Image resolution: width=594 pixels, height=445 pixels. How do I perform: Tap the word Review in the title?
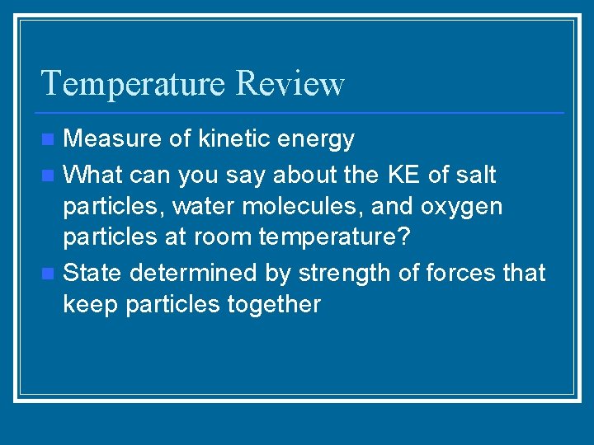pos(290,84)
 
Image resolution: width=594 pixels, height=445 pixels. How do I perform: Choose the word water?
pos(205,206)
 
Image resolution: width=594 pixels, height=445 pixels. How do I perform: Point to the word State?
pos(93,271)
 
